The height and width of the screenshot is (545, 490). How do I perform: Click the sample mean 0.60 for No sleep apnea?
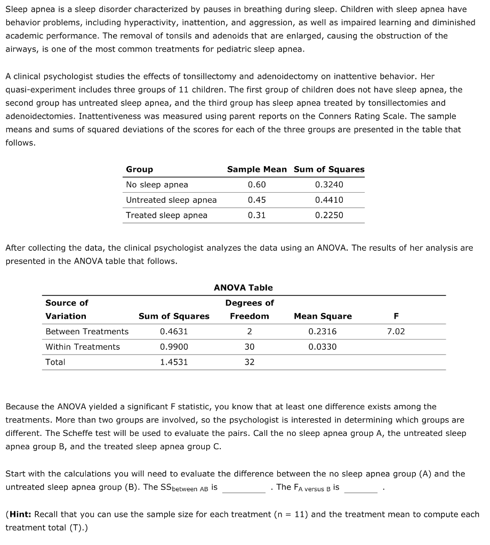pyautogui.click(x=256, y=185)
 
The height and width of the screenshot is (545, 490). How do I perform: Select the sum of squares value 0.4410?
pyautogui.click(x=329, y=200)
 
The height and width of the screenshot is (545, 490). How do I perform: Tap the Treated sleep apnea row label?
pyautogui.click(x=166, y=216)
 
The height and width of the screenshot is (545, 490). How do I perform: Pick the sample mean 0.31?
pyautogui.click(x=256, y=216)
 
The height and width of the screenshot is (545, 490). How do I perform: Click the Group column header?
pyautogui.click(x=139, y=169)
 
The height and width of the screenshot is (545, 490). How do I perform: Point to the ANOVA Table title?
pyautogui.click(x=243, y=287)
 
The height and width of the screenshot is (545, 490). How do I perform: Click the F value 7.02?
pyautogui.click(x=396, y=332)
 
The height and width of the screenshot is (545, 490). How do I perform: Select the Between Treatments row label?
pyautogui.click(x=87, y=332)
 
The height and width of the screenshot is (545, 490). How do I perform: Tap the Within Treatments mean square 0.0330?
pyautogui.click(x=323, y=347)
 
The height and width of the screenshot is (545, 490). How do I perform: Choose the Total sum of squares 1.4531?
pyautogui.click(x=174, y=362)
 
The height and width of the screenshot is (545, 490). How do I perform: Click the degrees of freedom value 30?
pyautogui.click(x=250, y=347)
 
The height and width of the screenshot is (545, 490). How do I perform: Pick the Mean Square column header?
pyautogui.click(x=323, y=316)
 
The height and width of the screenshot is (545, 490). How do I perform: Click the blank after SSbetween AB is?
pyautogui.click(x=244, y=488)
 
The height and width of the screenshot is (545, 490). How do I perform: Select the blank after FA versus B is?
pyautogui.click(x=360, y=488)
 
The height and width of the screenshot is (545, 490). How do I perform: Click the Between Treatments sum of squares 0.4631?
pyautogui.click(x=174, y=332)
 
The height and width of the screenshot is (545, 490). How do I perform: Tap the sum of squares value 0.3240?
pyautogui.click(x=329, y=185)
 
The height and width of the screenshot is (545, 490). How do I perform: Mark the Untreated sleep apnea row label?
pyautogui.click(x=171, y=200)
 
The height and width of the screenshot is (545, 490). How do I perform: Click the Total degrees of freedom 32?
pyautogui.click(x=250, y=362)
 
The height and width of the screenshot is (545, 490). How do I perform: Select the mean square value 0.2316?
pyautogui.click(x=323, y=332)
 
